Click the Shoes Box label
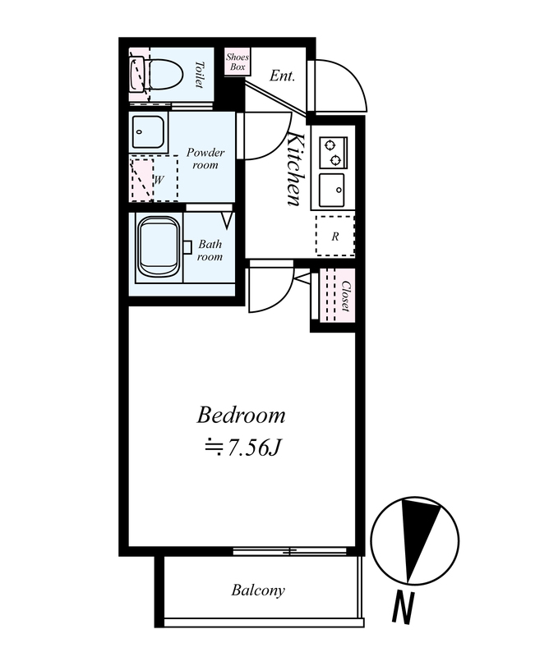pos(238,62)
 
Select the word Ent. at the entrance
pos(282,76)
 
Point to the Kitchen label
pos(297,169)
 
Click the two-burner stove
pos(333,153)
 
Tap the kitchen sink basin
pos(331,191)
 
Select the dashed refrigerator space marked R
pos(335,236)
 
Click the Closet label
pos(345,296)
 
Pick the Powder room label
pos(205,159)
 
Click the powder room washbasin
pos(148,131)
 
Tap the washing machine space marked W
pos(155,179)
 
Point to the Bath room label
pos(210,250)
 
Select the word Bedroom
pos(241,416)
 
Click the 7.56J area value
pos(242,448)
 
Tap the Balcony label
pos(258,590)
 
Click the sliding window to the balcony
pos(290,551)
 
